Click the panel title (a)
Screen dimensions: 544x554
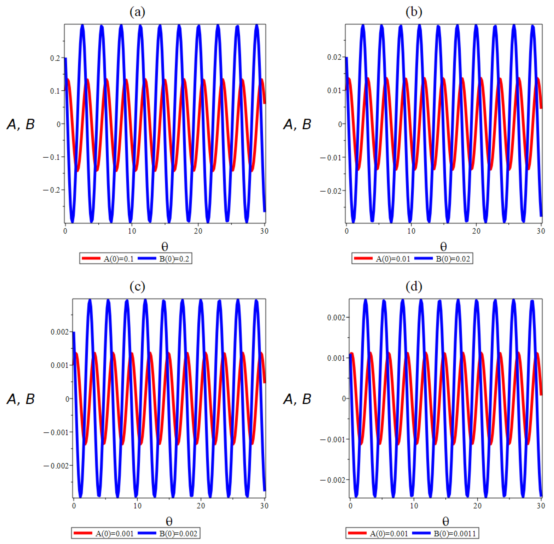pyautogui.click(x=137, y=12)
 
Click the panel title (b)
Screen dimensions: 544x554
pyautogui.click(x=414, y=12)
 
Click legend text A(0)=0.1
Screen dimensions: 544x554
pyautogui.click(x=118, y=259)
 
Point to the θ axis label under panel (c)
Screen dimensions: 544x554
pyautogui.click(x=169, y=521)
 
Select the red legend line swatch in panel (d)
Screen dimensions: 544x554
pyautogui.click(x=357, y=533)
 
